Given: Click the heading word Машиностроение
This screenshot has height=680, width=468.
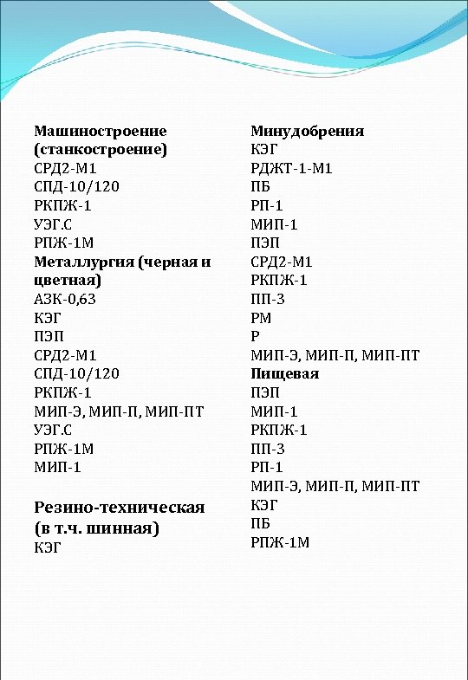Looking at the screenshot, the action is coord(100,131).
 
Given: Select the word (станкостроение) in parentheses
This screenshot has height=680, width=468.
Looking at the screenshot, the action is coord(100,149).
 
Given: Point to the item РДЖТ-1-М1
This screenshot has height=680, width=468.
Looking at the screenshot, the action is coord(291,168).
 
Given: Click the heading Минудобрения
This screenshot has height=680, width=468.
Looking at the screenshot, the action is coord(307,131).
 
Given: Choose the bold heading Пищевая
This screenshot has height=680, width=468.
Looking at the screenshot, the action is coord(284,374).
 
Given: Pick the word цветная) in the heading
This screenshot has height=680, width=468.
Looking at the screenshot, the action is coord(67,281).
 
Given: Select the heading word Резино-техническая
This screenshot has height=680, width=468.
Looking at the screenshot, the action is coord(119,507).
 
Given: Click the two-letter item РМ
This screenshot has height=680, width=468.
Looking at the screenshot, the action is coord(261,318).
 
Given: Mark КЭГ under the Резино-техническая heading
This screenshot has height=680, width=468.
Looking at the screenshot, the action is coord(49,547).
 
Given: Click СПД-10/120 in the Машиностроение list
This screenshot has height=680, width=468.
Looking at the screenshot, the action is coord(76,187).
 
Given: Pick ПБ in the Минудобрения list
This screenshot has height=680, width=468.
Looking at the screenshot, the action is coord(260,187).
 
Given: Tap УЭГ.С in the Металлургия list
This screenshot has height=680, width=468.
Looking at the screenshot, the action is coord(57,430).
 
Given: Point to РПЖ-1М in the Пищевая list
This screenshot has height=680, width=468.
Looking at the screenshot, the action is coord(280,542).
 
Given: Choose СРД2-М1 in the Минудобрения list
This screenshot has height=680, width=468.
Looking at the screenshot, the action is coord(282,262).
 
